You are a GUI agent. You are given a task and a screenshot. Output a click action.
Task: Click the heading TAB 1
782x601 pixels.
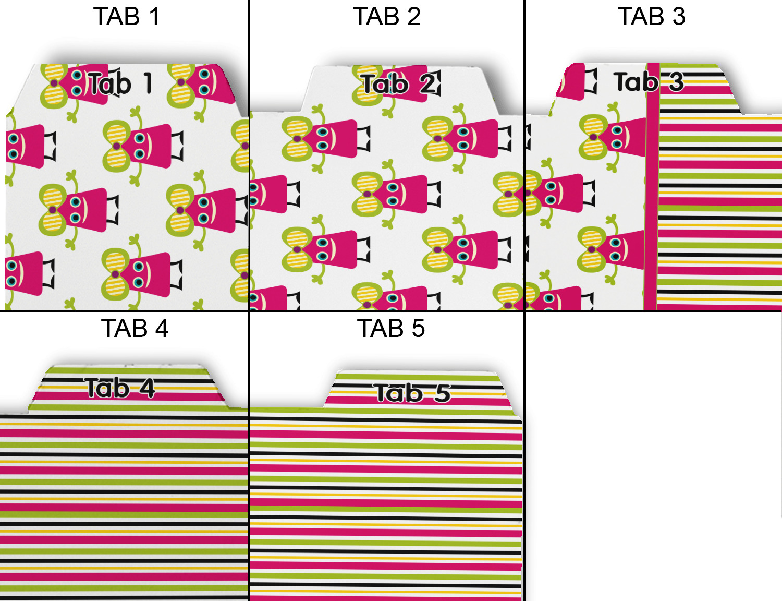tap(127, 17)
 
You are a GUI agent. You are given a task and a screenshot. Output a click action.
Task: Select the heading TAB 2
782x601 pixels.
tap(386, 17)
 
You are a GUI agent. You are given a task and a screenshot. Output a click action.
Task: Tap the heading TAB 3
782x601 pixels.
tap(651, 17)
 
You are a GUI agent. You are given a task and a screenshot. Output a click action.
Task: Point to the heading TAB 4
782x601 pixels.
tap(135, 329)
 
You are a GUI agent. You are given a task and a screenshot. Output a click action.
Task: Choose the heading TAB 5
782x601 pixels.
tap(391, 329)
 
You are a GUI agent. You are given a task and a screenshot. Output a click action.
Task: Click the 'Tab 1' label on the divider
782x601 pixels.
tap(120, 83)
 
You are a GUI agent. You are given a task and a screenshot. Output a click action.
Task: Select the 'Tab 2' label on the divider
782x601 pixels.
tap(400, 83)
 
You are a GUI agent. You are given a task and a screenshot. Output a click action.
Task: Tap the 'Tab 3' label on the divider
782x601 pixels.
tap(649, 82)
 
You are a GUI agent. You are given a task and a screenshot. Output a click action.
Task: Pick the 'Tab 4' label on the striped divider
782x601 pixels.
tap(120, 388)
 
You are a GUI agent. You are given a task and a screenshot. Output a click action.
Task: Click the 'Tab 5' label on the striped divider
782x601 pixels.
tap(412, 393)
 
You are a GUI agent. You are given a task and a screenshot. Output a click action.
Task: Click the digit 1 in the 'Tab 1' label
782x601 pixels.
tap(148, 83)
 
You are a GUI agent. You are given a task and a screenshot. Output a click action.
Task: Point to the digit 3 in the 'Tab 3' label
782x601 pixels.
tap(676, 82)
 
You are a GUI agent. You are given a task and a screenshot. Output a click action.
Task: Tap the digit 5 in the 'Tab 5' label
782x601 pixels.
tap(442, 393)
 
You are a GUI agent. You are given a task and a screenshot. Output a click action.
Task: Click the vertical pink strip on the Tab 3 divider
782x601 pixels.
tap(652, 209)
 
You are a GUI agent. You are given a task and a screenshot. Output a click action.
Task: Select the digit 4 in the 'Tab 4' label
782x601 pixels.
tap(146, 389)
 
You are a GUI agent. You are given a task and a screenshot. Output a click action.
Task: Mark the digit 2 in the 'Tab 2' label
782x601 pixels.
tap(429, 83)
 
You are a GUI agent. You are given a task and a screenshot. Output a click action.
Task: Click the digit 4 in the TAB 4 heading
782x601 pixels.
tap(162, 329)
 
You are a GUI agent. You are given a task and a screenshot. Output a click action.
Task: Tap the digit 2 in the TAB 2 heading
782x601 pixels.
tap(414, 17)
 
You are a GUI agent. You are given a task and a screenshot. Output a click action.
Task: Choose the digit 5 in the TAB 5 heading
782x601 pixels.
tap(418, 329)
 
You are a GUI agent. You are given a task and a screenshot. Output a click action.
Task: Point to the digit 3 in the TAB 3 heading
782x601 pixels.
tap(678, 17)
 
